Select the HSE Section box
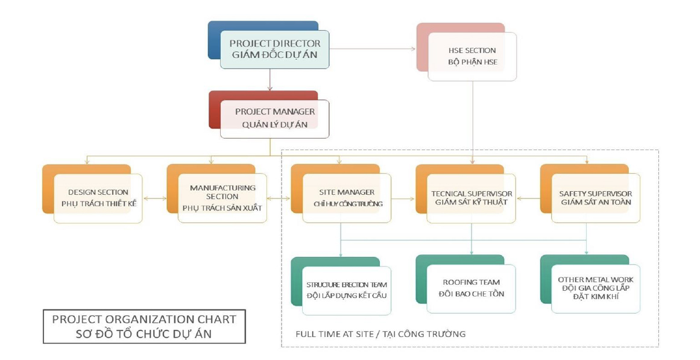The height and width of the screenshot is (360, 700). pos(472,56)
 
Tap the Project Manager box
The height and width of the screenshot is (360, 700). pos(274,118)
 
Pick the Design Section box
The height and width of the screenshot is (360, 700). pos(98,198)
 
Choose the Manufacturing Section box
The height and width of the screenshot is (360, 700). pos(222,198)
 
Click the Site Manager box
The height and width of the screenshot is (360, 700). pos(347,198)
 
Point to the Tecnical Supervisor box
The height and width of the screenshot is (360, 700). pos(471,198)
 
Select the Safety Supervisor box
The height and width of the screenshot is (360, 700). pos(596,198)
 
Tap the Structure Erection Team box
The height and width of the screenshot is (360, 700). pos(347,290)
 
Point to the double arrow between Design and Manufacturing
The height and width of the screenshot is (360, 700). pos(154,198)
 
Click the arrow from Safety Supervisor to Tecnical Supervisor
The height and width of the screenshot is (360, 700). pos(528,198)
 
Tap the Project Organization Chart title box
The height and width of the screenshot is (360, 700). pos(144,326)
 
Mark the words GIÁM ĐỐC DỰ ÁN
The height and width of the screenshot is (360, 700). pos(275,55)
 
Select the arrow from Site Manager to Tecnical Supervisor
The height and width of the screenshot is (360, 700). pos(403,198)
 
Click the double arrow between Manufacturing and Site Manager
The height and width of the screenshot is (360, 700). pos(279,198)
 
